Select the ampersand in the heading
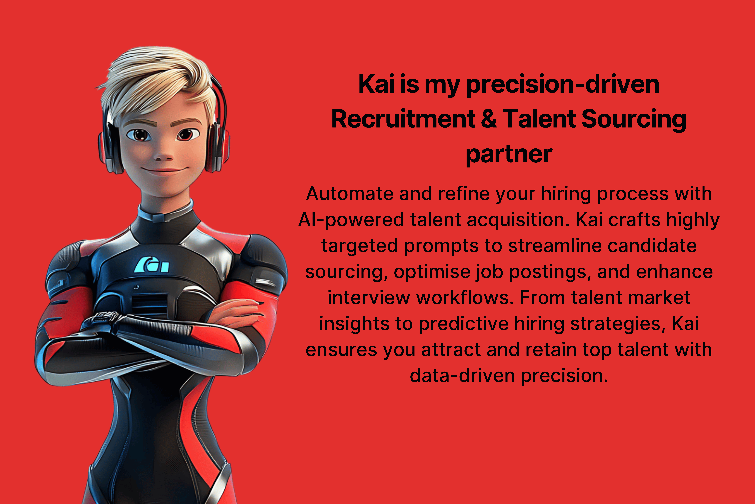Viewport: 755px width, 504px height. point(489,119)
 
